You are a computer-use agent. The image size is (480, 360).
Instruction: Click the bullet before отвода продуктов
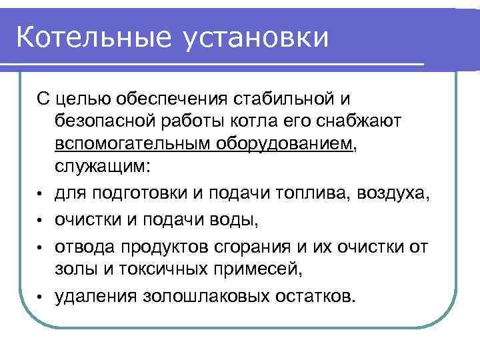click(41, 247)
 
